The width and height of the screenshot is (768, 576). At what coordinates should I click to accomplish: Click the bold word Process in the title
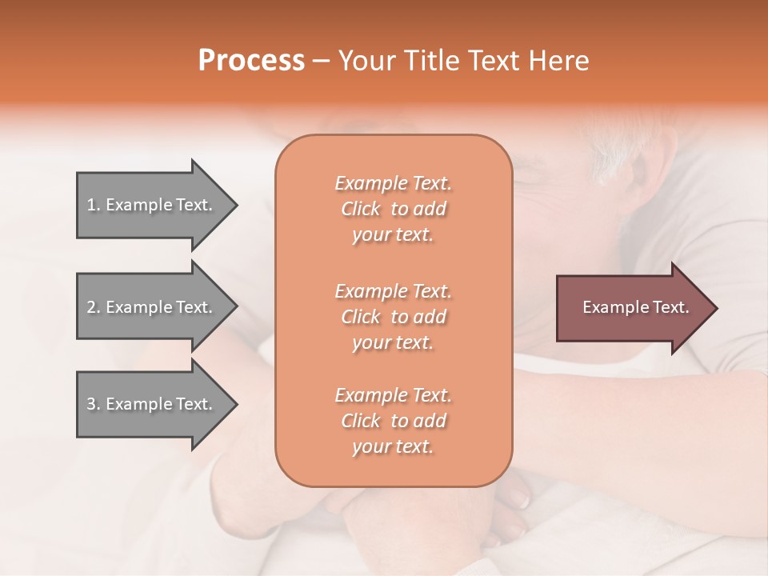coord(251,61)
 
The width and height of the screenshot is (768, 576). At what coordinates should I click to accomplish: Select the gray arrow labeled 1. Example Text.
coord(152,205)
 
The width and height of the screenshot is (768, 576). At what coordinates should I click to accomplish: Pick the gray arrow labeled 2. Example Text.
coord(152,307)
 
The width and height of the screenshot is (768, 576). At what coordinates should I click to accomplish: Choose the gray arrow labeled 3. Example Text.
coord(152,404)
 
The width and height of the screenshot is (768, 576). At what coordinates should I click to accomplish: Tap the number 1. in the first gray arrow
coord(94,206)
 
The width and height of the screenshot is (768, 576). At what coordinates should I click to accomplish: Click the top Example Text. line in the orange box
coord(393,184)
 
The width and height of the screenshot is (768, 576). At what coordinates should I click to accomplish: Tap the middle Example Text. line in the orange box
coord(393,291)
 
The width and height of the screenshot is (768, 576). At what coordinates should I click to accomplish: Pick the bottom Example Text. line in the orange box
coord(393,395)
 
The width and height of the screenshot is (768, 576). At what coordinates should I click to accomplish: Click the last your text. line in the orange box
coord(393,447)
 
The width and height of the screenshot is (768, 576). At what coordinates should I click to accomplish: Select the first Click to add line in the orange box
coord(393,210)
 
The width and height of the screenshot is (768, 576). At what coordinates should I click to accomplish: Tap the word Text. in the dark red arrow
coord(670,307)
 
